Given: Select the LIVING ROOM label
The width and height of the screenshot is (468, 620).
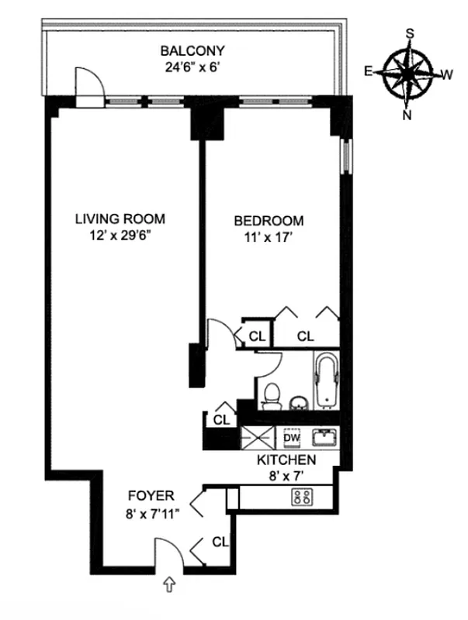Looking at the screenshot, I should point(120,219).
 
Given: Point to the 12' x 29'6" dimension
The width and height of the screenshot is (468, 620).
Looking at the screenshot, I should point(120,234).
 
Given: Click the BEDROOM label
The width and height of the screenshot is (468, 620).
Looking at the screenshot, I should point(269,220).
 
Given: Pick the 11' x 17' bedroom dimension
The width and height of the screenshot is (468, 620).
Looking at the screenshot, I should point(269,236).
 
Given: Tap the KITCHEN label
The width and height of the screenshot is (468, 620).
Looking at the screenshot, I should point(286,460).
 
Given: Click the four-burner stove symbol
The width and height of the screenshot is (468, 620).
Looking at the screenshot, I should point(301,498).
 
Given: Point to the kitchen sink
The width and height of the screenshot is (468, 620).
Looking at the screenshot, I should point(324,438).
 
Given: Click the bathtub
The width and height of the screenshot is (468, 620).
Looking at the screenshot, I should point(324,381).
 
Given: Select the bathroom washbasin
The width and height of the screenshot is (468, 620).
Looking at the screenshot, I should point(298,402).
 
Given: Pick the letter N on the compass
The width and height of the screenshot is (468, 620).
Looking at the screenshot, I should point(407,115).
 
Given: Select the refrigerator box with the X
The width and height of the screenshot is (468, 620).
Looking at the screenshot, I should point(257,438).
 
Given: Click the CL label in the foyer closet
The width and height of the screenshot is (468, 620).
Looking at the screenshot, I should point(220,542).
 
